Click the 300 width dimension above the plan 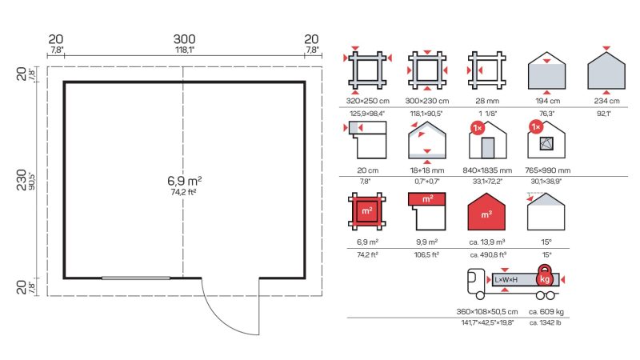[x=185, y=39]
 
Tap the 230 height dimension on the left [x=22, y=180]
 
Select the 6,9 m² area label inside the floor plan [x=185, y=181]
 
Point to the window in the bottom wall [x=136, y=278]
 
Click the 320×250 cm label [x=368, y=101]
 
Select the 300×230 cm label [x=427, y=101]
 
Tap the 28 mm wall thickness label [x=487, y=101]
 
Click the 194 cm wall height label [x=548, y=101]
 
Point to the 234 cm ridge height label [x=606, y=101]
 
